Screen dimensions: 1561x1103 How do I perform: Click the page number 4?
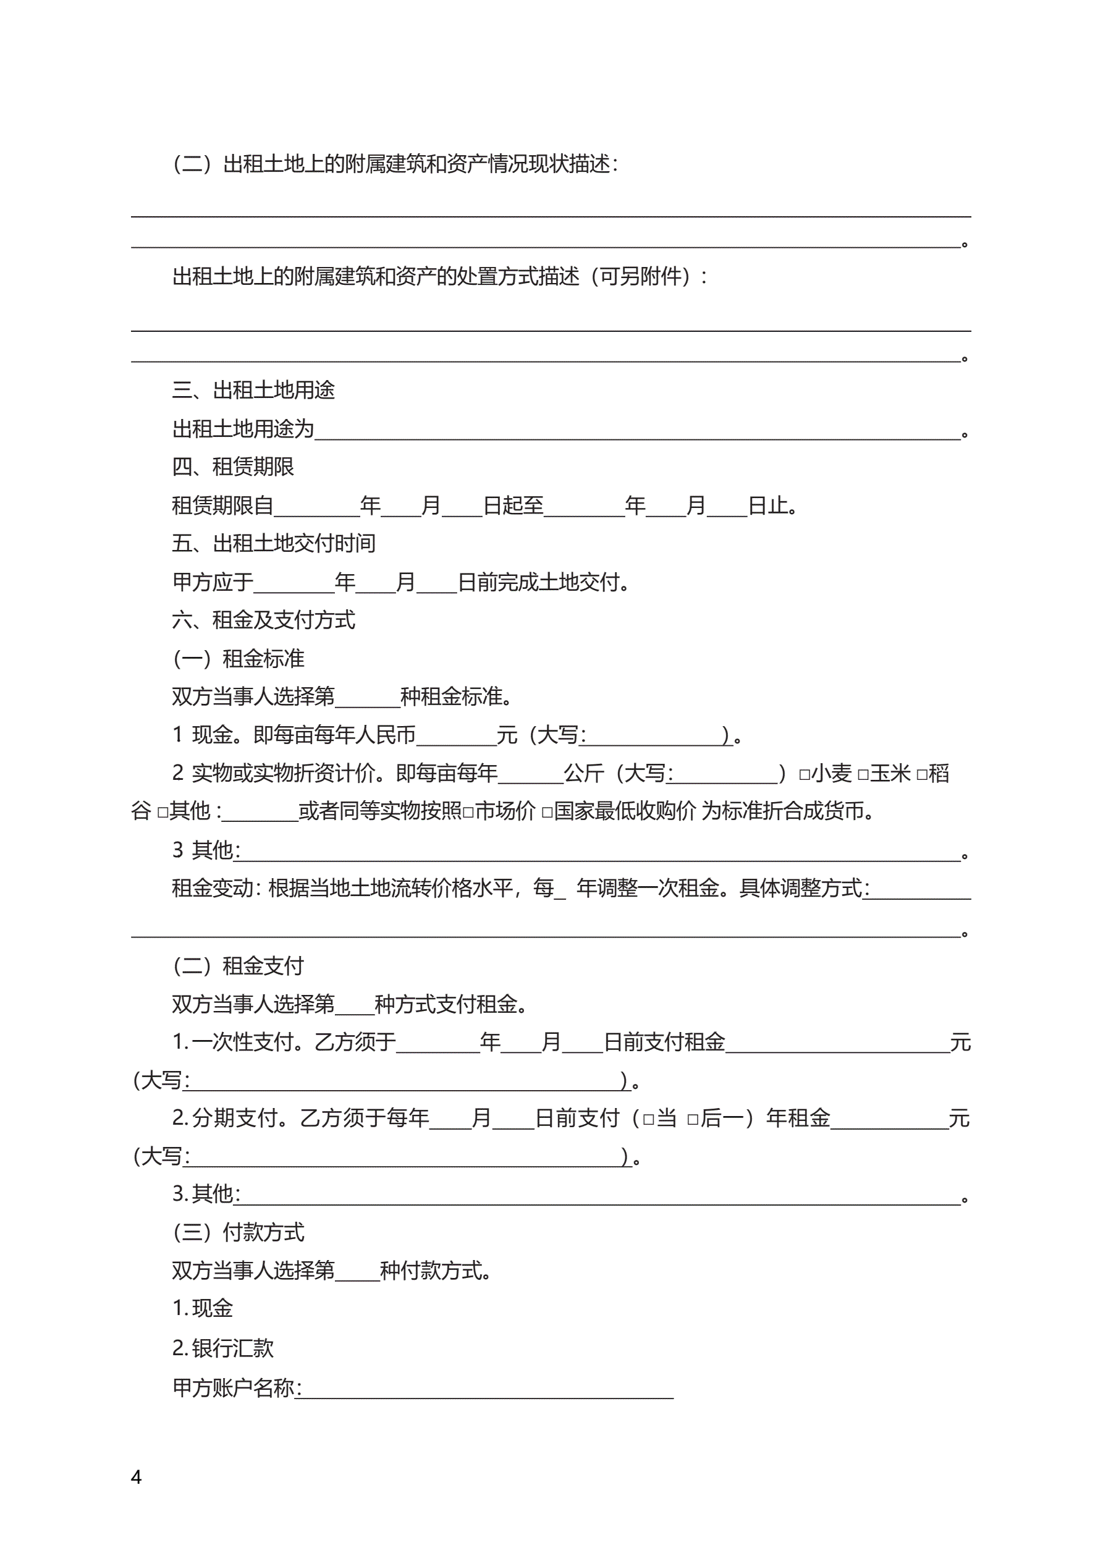(x=136, y=1477)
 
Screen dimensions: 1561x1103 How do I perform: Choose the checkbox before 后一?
(x=693, y=1120)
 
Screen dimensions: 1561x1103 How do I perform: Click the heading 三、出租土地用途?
(x=253, y=389)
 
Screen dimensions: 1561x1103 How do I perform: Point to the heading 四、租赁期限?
(x=232, y=467)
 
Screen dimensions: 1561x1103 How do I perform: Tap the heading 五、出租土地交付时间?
(x=273, y=543)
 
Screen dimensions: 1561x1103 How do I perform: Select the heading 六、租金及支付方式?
(x=263, y=620)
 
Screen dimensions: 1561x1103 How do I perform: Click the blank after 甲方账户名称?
(x=487, y=1389)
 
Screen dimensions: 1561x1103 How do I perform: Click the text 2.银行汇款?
(x=222, y=1348)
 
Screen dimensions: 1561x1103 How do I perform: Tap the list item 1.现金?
(x=203, y=1308)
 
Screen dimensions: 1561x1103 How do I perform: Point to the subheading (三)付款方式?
(x=238, y=1232)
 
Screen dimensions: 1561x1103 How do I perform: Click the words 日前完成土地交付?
(x=541, y=582)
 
